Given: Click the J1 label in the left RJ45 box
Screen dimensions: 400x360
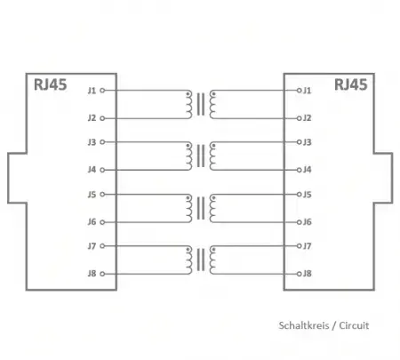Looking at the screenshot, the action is click(x=92, y=91).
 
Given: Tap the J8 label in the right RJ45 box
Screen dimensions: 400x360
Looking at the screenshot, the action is click(x=308, y=274).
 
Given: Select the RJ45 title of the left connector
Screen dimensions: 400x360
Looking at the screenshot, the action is click(x=51, y=84).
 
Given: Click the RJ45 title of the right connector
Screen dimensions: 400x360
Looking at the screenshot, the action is click(x=351, y=84).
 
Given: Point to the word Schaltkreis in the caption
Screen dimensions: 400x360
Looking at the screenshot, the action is click(x=304, y=325).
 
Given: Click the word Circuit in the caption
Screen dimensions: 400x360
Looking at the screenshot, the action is click(x=354, y=325).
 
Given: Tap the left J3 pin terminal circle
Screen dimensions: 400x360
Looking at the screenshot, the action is click(x=102, y=142).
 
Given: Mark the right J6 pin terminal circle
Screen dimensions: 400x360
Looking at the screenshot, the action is click(x=299, y=222).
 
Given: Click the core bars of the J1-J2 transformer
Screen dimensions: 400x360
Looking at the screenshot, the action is click(x=201, y=104).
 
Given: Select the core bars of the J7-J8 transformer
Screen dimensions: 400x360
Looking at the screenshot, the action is click(x=201, y=260).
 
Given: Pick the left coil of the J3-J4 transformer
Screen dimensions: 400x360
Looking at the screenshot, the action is click(x=189, y=156).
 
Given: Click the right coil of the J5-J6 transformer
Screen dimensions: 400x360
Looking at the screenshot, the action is click(x=212, y=208).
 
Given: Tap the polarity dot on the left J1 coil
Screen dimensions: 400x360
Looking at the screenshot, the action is click(x=188, y=94).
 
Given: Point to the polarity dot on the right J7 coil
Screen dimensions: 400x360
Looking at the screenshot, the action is click(x=213, y=250).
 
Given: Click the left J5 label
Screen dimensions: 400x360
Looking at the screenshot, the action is click(x=92, y=195).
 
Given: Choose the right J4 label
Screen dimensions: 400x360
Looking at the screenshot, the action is click(x=308, y=170).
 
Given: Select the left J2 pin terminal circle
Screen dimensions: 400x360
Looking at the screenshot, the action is click(x=102, y=118).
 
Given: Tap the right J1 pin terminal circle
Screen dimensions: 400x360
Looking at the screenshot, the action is click(x=299, y=91).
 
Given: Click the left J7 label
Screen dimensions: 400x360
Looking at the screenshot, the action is click(x=92, y=246).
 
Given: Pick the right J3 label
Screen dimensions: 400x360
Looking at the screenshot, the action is click(x=308, y=142).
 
